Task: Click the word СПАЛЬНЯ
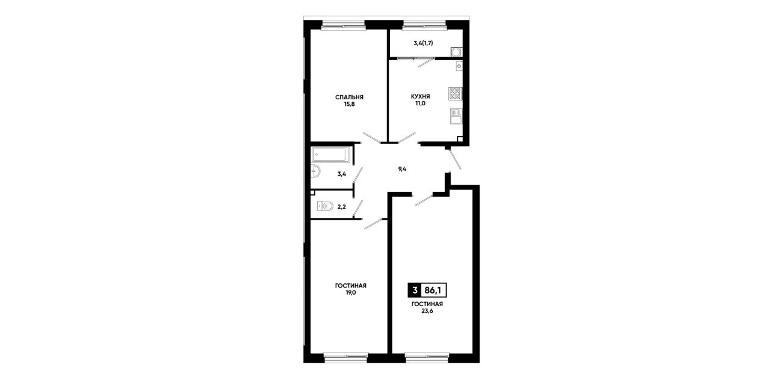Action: click(349, 97)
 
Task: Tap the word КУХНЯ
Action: click(420, 96)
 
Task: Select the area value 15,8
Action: click(349, 104)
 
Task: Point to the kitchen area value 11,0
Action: click(420, 103)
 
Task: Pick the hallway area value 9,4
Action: click(402, 169)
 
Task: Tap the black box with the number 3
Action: click(415, 291)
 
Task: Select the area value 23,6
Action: click(427, 311)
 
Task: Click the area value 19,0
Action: click(351, 293)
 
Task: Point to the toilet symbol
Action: click(325, 206)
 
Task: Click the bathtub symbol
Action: click(330, 155)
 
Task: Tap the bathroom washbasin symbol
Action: click(315, 171)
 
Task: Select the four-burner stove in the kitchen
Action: click(455, 94)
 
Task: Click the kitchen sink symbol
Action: click(456, 116)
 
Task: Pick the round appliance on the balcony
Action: click(456, 52)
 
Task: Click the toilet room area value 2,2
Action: click(341, 207)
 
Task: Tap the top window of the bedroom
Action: click(343, 25)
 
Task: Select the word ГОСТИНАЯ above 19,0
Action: click(351, 286)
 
